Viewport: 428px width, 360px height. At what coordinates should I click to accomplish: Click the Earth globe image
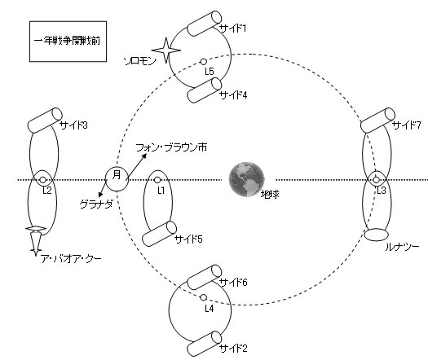pos(246,179)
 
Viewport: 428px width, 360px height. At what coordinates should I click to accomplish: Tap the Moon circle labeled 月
pos(117,179)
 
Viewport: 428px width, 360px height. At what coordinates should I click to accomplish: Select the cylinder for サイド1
pos(205,24)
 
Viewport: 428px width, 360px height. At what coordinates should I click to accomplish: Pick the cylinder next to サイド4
pos(205,90)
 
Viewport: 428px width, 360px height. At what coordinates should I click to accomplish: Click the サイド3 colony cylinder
pos(46,121)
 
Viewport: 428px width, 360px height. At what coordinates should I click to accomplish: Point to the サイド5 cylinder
pos(159,234)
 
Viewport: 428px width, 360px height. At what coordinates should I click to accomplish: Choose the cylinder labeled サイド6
pos(205,277)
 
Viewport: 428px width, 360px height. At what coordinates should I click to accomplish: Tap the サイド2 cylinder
pos(205,344)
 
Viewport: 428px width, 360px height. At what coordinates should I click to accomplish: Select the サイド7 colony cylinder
pos(377,121)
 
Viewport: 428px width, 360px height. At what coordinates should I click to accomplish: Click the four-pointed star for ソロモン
pos(166,50)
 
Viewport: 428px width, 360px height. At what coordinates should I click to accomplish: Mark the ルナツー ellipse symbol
pos(376,235)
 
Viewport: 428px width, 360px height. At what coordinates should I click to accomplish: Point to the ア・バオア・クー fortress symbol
pos(36,241)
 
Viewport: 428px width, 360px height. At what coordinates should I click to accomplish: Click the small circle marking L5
pos(203,62)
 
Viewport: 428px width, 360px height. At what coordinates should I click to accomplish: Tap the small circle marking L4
pos(203,297)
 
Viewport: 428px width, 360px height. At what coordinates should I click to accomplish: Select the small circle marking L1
pos(157,180)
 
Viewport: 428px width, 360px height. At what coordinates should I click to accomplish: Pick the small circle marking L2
pos(42,180)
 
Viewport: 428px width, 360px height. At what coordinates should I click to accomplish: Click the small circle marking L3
pos(376,180)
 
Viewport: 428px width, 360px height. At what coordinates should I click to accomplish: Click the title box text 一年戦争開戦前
pos(67,41)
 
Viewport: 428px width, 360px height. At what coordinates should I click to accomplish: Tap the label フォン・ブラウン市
pos(171,147)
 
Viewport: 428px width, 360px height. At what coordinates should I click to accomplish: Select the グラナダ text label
pos(96,204)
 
